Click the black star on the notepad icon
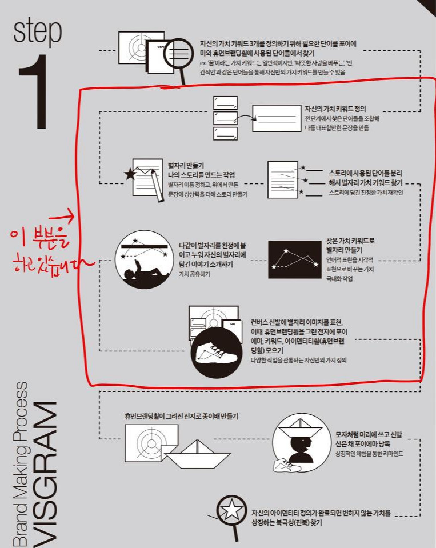130,174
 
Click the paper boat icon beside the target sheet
193,455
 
